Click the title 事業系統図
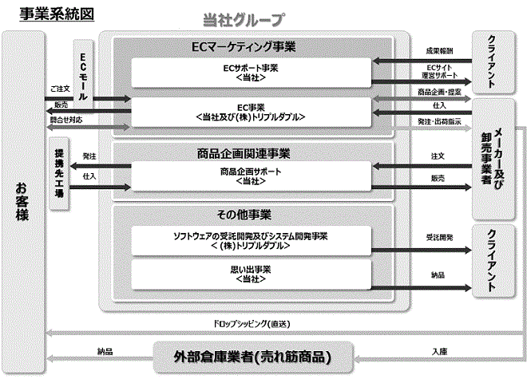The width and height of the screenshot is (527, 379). point(57,14)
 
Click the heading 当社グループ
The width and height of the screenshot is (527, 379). point(244,19)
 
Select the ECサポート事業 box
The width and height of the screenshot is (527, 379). point(251,73)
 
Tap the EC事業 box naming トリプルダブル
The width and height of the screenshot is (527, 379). point(251,113)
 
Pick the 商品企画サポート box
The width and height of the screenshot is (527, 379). point(251,176)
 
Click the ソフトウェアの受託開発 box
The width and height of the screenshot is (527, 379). point(251,241)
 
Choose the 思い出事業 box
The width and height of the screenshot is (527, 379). point(251,274)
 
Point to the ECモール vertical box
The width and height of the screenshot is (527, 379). point(83,74)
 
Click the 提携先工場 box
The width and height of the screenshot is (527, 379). point(59,173)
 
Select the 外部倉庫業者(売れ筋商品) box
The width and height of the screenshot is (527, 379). point(253,357)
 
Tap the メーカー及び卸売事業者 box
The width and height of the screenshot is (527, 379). point(493,159)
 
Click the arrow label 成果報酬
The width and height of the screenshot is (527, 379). point(439,51)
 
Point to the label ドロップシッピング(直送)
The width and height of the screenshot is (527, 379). point(252,324)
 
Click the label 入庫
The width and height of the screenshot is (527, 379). point(439,351)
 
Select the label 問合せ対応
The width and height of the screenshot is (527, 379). point(66,120)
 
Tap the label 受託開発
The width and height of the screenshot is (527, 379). point(439,238)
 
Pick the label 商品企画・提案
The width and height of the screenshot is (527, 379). point(439,92)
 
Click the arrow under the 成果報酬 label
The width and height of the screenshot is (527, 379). point(422,61)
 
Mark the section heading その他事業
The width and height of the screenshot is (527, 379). point(244,215)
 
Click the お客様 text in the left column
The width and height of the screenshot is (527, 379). point(22,202)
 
